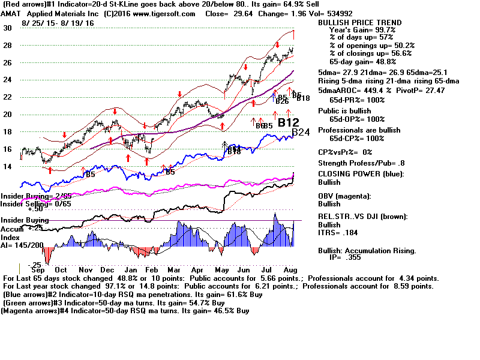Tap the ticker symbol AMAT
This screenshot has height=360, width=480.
pos(13,13)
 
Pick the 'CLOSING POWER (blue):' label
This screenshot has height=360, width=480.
pos(361,175)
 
